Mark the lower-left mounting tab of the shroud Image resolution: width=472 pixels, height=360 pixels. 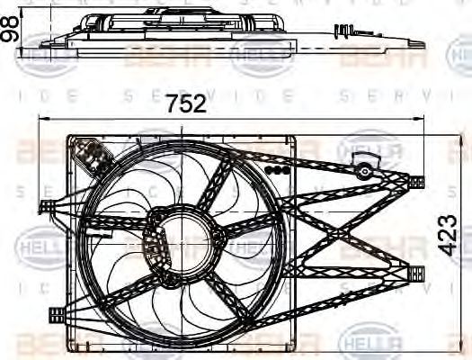(54, 313)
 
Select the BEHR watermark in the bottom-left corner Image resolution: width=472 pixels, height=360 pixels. (36, 345)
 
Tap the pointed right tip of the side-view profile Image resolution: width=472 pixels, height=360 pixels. (423, 42)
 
